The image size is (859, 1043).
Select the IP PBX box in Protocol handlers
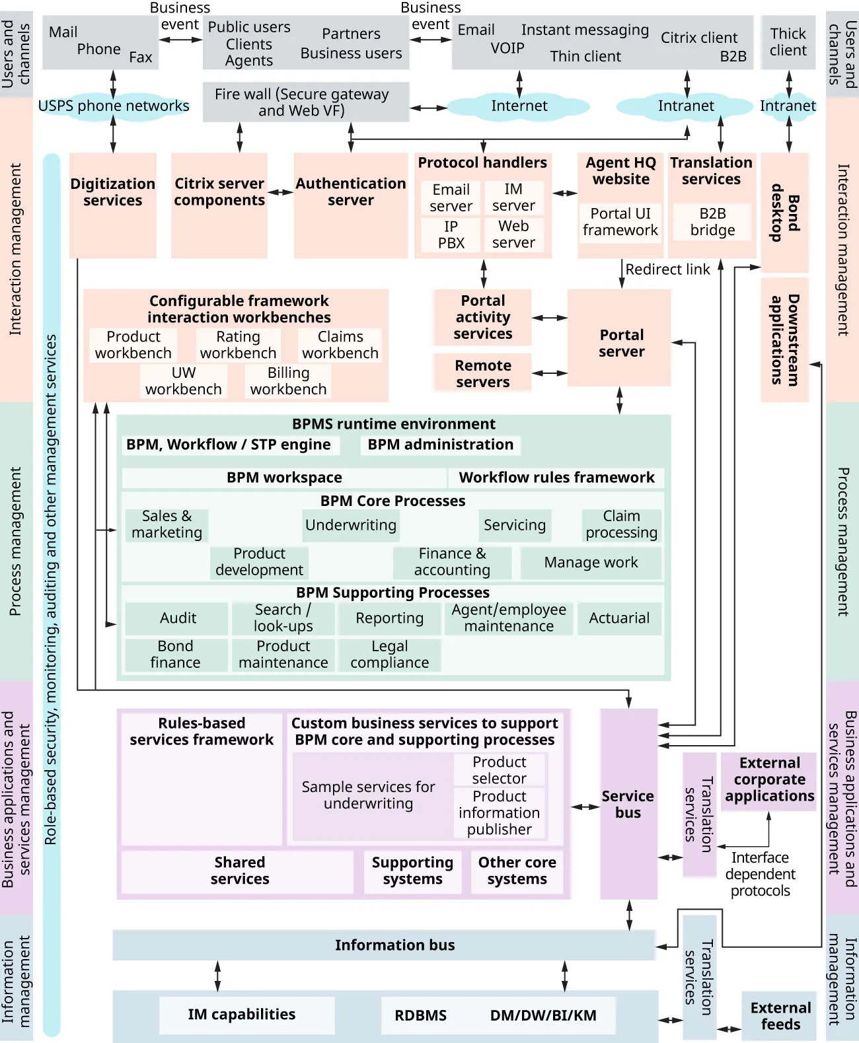(451, 234)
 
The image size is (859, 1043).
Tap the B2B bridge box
(712, 222)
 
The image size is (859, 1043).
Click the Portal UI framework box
(620, 222)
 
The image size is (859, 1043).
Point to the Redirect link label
(667, 270)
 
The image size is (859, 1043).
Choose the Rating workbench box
(238, 345)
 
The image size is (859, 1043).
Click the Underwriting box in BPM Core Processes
(350, 525)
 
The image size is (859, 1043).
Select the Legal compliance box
(389, 655)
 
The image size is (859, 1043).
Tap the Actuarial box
(619, 618)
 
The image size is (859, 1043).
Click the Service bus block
(628, 804)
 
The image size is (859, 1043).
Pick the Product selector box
(499, 770)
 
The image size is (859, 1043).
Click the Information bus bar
(383, 945)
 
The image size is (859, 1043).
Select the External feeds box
(780, 1016)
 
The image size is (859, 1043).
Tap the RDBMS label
(420, 1015)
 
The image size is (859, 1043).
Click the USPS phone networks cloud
(113, 106)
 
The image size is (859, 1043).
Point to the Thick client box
(788, 42)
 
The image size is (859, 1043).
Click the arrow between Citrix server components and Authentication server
(280, 192)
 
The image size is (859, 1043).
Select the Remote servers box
(482, 373)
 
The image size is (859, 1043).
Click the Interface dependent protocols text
(760, 874)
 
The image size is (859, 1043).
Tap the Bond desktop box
(785, 212)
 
